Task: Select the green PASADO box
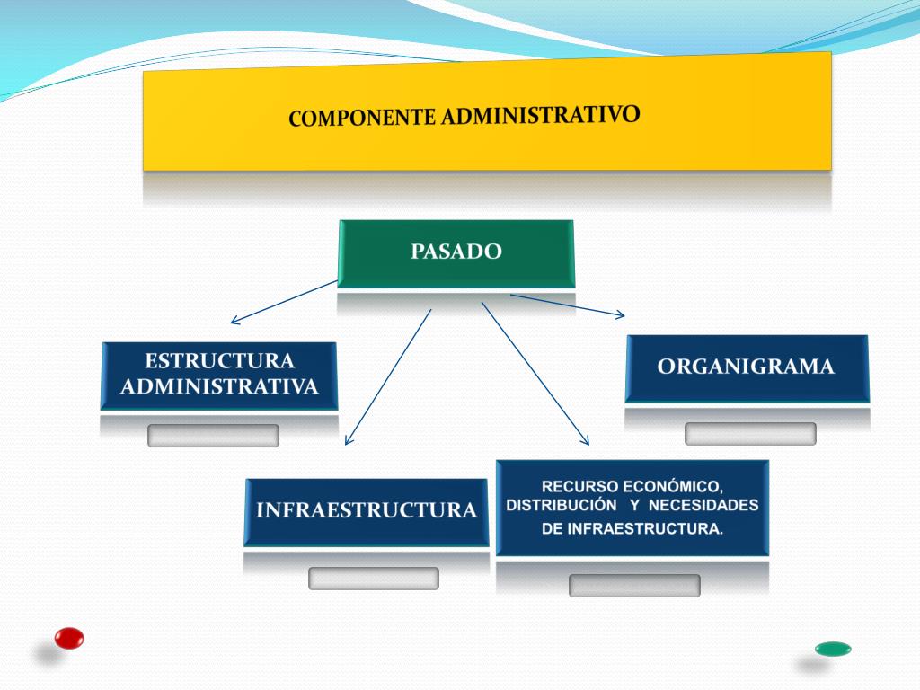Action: pos(456,252)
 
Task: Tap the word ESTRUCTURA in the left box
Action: pos(219,361)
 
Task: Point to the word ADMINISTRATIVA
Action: pos(219,387)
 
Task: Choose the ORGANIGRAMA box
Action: pos(746,367)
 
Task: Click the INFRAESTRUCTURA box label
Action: pos(366,511)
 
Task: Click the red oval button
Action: pos(69,638)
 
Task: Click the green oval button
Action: pos(833,649)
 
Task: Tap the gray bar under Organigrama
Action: pos(750,434)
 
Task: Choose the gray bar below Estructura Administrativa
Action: pos(213,436)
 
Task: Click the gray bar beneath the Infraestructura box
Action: pos(373,579)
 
